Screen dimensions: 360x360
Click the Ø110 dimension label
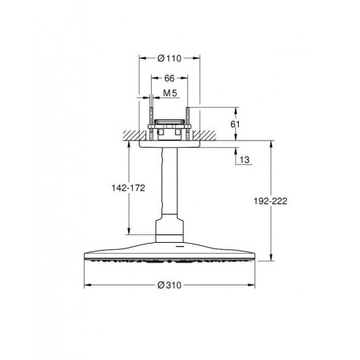(x=170, y=58)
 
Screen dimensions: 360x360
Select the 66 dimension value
(x=169, y=78)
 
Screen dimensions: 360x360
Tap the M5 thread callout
(x=170, y=93)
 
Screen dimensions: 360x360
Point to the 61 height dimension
(x=235, y=124)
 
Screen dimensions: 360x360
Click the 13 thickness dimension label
(x=244, y=160)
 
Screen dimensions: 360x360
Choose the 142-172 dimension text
(x=128, y=188)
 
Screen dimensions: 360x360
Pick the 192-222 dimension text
(x=270, y=201)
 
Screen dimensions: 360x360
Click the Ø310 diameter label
(x=169, y=285)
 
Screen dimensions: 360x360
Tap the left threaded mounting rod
(x=151, y=123)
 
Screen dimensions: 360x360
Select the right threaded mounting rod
(x=188, y=123)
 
